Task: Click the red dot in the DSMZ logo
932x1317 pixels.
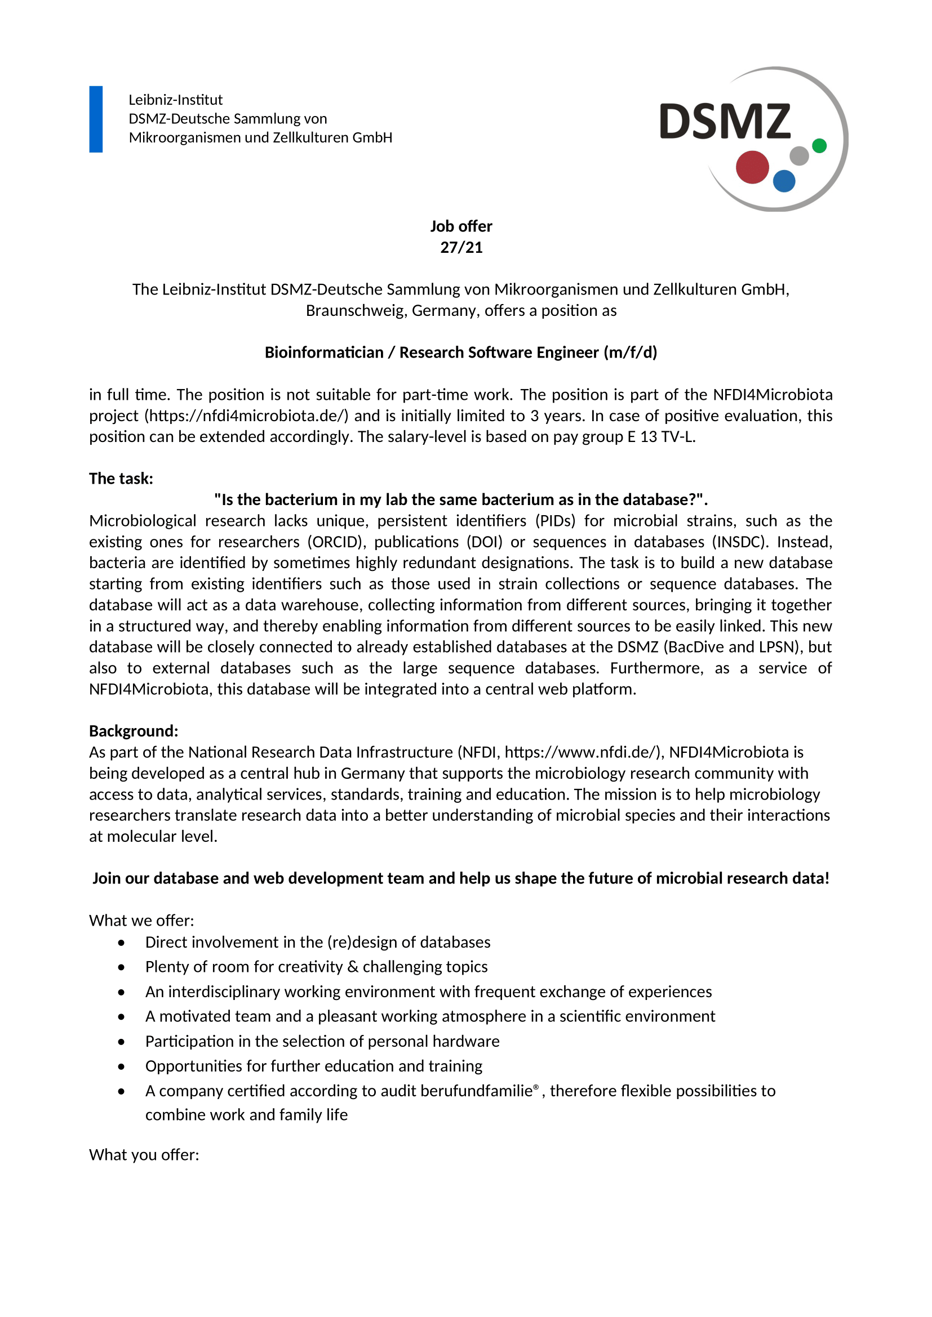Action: [752, 167]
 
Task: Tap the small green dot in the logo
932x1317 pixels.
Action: [819, 146]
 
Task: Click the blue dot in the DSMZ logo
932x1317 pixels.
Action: [784, 181]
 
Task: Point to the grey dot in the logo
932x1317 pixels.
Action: [799, 155]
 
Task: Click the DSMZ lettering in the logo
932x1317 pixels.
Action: [725, 122]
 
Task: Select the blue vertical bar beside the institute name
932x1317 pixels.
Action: [96, 119]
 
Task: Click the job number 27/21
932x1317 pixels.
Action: [461, 247]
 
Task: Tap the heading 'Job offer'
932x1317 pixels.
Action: [461, 226]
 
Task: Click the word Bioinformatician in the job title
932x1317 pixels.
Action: [323, 352]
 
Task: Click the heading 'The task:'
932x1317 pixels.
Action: [121, 479]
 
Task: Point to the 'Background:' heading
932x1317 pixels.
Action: [134, 731]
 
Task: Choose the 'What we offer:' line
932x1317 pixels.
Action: [142, 920]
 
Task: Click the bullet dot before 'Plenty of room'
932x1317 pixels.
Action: [121, 967]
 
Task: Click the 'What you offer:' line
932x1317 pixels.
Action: [144, 1154]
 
